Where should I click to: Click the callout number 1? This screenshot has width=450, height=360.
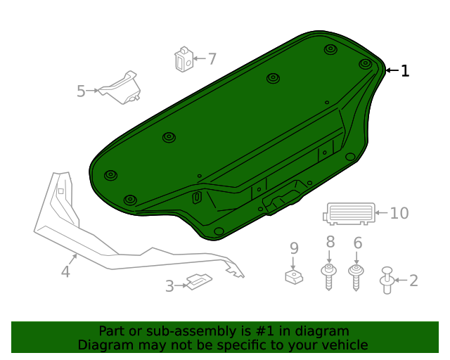pos(404,70)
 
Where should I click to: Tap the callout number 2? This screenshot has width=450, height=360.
pos(413,281)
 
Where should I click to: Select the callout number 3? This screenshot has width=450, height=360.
pos(169,286)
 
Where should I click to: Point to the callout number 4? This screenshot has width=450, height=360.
pos(65,271)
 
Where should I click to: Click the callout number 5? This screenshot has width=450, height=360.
pos(81,91)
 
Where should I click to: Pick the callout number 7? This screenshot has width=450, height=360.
pos(212,59)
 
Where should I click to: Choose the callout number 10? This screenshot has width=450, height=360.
pos(399,212)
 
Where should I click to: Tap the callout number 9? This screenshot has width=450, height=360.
pos(294,247)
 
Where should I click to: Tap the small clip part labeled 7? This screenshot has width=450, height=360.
pos(184,59)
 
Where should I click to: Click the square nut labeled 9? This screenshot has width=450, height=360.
pos(294,276)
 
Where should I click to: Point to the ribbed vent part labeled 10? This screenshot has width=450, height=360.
pos(349,212)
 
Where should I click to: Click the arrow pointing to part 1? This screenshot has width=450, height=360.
pos(391,70)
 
